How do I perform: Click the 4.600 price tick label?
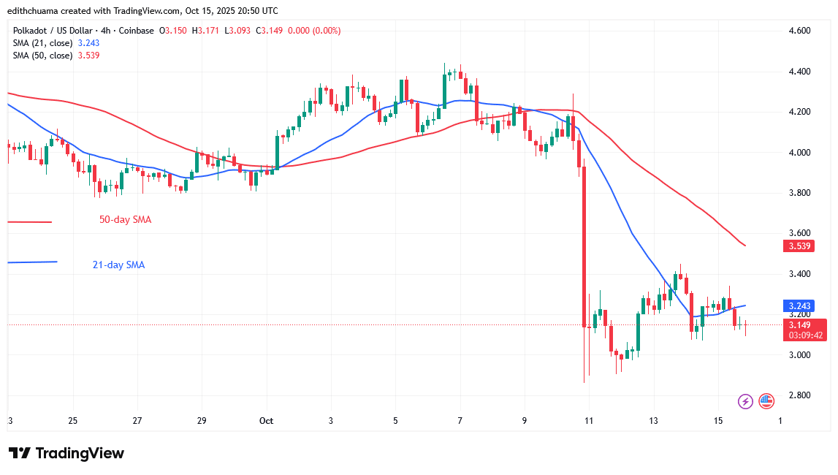[x=799, y=31]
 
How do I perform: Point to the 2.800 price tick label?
[x=799, y=395]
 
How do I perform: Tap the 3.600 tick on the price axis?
[x=799, y=233]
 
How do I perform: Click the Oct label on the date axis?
[x=266, y=421]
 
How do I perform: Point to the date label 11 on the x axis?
[x=589, y=421]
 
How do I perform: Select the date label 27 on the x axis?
[x=137, y=421]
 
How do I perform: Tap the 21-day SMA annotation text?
[x=118, y=265]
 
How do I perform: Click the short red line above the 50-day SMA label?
[x=29, y=222]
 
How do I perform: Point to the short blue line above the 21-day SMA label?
[x=31, y=262]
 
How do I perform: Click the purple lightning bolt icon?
[x=745, y=400]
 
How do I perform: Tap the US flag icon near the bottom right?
[x=766, y=400]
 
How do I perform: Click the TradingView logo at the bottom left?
[x=66, y=453]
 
